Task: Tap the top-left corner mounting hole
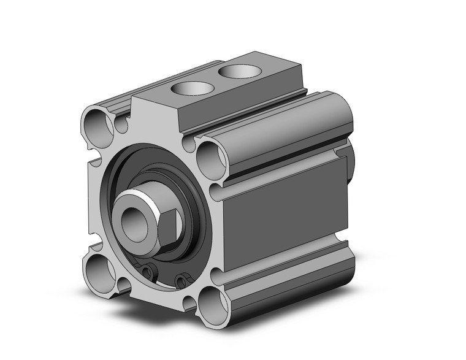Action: (x=97, y=123)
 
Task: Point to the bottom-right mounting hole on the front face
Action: (x=211, y=301)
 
